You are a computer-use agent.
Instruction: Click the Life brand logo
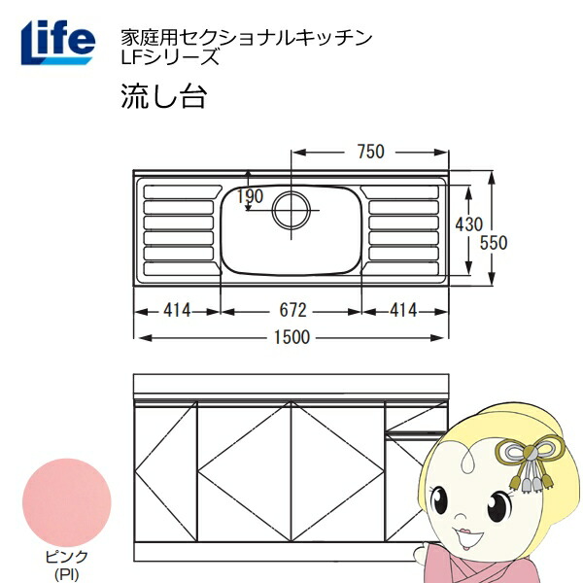click(x=58, y=42)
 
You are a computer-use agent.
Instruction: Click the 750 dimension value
click(x=370, y=152)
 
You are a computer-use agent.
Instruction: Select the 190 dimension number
click(x=250, y=196)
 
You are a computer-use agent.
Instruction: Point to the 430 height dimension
click(x=469, y=224)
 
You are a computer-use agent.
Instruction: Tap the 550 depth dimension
click(x=494, y=243)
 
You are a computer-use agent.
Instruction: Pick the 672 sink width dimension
click(x=293, y=310)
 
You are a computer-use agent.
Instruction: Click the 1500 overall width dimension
click(x=291, y=337)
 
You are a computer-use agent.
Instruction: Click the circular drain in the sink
click(x=291, y=210)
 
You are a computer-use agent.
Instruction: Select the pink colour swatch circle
click(x=67, y=502)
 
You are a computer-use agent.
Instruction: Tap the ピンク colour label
click(x=66, y=558)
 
